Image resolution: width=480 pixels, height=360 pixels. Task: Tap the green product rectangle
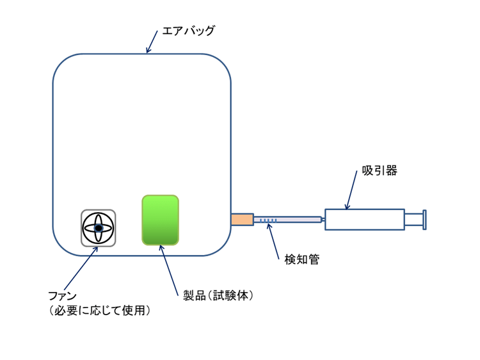click(x=160, y=220)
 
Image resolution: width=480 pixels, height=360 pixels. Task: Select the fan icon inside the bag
click(x=99, y=227)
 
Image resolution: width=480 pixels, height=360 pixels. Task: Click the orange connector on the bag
click(x=242, y=219)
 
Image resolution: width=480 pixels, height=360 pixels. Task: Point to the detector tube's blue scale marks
click(x=268, y=220)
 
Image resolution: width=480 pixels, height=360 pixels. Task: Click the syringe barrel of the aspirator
click(x=364, y=219)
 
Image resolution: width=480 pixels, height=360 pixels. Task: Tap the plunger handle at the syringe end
click(x=424, y=219)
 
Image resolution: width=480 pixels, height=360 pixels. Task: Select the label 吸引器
click(x=371, y=173)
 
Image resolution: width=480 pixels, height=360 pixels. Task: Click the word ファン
click(x=63, y=296)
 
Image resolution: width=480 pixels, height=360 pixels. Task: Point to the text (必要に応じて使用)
click(x=99, y=311)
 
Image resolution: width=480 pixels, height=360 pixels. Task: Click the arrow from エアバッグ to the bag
click(x=152, y=41)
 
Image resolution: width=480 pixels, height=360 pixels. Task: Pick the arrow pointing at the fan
click(x=82, y=268)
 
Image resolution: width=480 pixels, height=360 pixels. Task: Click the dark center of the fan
click(x=99, y=227)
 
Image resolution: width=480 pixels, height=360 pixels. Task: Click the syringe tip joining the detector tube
click(x=323, y=220)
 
